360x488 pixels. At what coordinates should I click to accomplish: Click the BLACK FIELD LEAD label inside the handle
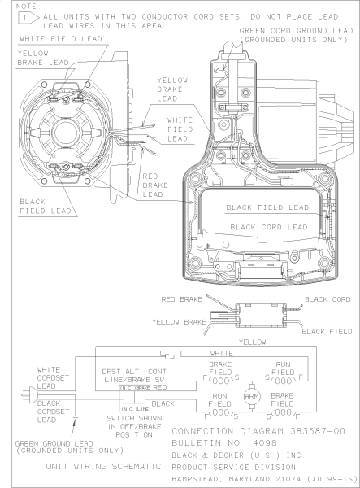coord(267,207)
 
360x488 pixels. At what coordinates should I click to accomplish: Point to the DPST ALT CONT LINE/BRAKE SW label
coord(131,375)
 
